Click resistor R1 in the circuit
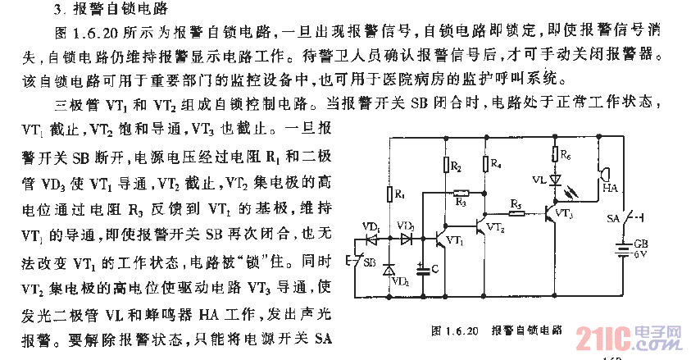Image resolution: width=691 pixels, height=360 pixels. click(389, 194)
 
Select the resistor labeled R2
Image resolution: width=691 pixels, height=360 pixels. click(448, 166)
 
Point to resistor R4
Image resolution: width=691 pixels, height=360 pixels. click(486, 165)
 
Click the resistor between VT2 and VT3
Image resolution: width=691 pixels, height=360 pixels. click(516, 212)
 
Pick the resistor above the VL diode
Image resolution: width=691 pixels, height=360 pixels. click(555, 153)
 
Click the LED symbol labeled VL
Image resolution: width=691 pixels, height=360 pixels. click(555, 178)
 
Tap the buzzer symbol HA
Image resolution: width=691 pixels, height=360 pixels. click(604, 175)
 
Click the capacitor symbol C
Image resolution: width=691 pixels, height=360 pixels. click(423, 267)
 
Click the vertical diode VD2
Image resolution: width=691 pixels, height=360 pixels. click(389, 268)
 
